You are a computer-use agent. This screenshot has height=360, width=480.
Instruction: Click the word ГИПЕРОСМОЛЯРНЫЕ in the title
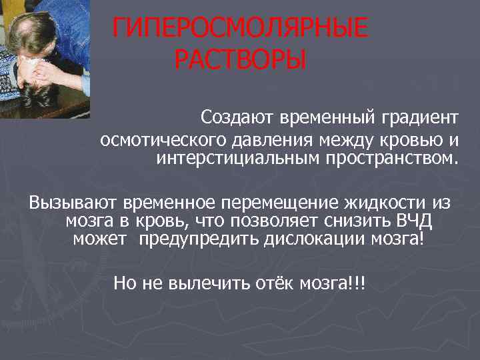point(239,29)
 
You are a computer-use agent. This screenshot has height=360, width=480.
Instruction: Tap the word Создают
point(232,118)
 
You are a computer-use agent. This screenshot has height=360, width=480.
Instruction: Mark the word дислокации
point(304,239)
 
